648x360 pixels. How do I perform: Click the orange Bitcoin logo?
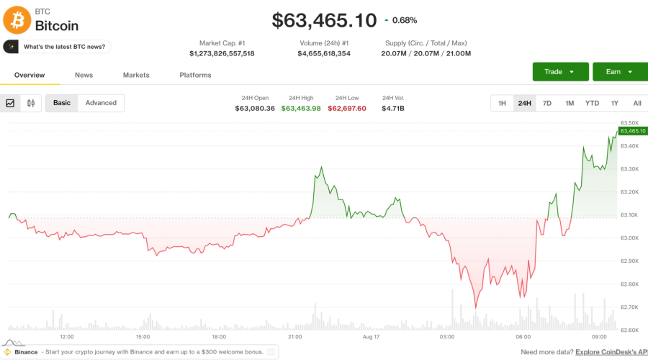click(17, 20)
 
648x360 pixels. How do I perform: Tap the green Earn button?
click(620, 71)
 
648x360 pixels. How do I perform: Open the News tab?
click(84, 75)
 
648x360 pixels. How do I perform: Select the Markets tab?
click(136, 75)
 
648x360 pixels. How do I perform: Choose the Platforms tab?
click(195, 75)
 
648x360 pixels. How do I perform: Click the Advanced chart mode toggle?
click(101, 103)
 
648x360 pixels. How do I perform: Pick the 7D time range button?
click(546, 104)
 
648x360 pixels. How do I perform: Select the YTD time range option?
click(592, 104)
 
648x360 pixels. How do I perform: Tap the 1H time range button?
click(502, 104)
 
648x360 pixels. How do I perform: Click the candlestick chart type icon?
click(31, 103)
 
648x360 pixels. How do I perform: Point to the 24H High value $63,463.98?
click(301, 108)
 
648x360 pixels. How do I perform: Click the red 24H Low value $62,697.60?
click(347, 108)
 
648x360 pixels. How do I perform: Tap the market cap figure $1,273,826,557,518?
click(222, 53)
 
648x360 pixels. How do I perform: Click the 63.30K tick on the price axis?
click(629, 169)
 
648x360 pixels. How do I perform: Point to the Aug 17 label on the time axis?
click(371, 337)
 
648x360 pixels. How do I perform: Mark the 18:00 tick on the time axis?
click(219, 337)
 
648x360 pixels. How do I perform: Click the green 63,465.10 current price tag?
click(633, 131)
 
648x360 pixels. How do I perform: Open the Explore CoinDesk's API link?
click(611, 352)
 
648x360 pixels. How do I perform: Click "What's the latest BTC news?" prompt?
click(57, 47)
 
